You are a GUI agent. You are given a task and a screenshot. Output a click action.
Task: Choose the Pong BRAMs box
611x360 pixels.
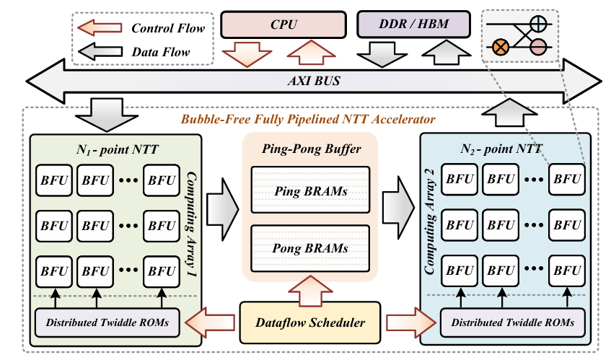tap(309, 247)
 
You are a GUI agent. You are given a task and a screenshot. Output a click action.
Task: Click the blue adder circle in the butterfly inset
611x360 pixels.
tap(538, 22)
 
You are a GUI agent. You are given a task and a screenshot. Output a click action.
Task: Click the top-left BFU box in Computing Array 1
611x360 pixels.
tap(52, 180)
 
